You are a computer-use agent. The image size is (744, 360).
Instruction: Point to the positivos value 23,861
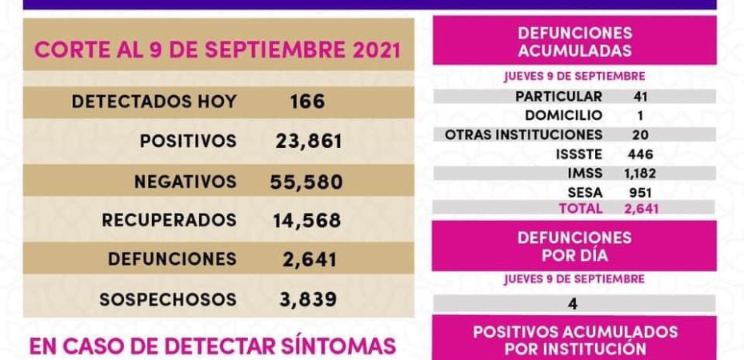308,142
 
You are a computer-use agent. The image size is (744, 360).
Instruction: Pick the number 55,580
308,182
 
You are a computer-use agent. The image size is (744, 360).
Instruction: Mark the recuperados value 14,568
308,219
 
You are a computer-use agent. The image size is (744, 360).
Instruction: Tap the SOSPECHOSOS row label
168,299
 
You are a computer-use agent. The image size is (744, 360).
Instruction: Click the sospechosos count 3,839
308,299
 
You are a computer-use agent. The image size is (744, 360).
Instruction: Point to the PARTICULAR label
559,97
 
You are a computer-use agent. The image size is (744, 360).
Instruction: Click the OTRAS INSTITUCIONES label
523,134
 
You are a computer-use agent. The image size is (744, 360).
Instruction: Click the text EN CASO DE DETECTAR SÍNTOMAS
212,346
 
